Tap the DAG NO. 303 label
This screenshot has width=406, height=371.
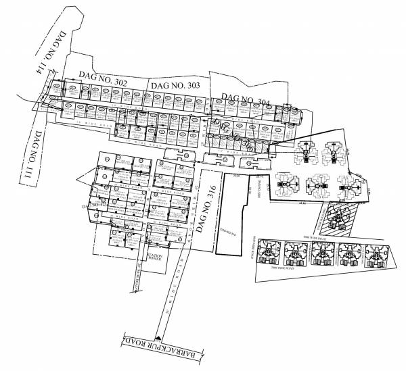[175, 86]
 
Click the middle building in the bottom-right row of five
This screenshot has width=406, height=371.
[322, 255]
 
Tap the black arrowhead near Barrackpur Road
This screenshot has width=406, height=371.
[158, 335]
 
